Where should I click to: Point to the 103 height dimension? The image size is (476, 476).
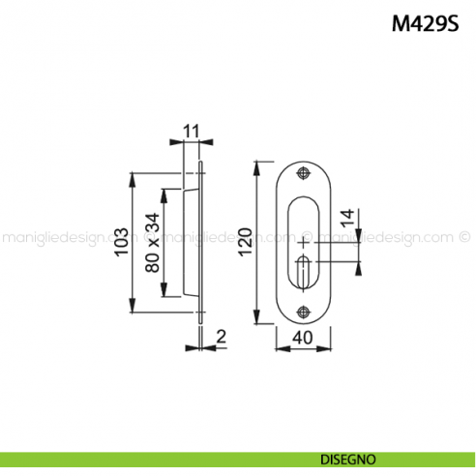(x=121, y=242)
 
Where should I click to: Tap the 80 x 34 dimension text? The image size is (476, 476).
(x=152, y=243)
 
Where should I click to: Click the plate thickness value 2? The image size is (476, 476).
(x=221, y=337)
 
